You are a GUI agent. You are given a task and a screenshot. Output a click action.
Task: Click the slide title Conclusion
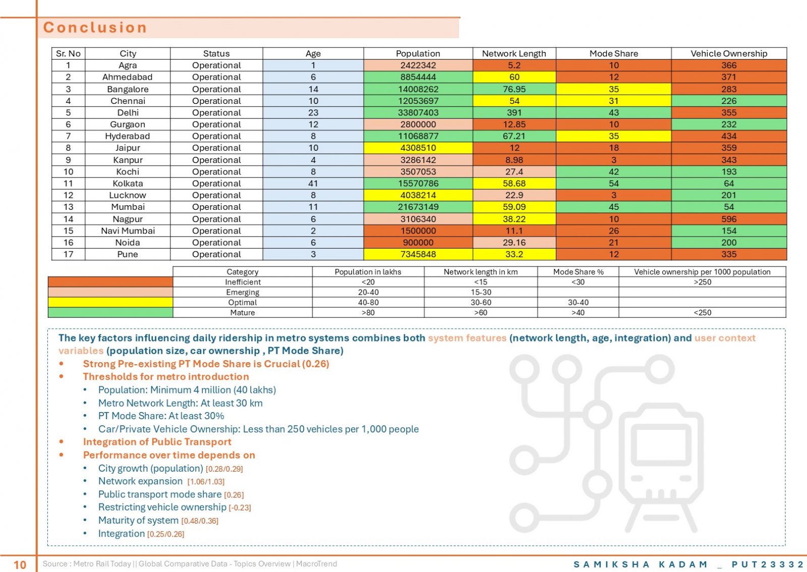click(95, 27)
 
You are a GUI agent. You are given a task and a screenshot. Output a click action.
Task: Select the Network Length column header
click(514, 53)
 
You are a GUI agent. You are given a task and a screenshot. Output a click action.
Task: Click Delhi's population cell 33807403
click(418, 112)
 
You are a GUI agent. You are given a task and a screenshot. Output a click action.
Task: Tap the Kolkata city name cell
click(128, 183)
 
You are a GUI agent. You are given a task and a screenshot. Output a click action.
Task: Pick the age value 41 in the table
click(313, 183)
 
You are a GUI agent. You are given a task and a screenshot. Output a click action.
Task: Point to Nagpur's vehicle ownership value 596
click(729, 219)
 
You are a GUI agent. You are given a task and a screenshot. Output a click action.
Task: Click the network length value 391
click(514, 112)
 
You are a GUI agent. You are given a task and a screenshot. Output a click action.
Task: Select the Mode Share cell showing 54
click(613, 183)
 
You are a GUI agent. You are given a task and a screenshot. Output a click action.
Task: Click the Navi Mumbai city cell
click(128, 231)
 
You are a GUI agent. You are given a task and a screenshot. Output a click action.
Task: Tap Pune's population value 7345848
click(418, 254)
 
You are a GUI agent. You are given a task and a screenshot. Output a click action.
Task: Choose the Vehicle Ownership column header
click(729, 53)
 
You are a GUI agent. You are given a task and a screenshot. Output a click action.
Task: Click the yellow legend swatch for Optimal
click(110, 302)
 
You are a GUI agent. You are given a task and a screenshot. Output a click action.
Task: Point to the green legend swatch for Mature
click(110, 312)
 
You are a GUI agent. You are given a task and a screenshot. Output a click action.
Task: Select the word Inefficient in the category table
click(243, 282)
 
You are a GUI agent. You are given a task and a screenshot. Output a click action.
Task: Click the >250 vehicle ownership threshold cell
click(702, 282)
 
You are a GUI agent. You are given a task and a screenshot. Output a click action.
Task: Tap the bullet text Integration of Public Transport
click(157, 441)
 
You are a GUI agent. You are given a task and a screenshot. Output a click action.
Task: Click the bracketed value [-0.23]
click(240, 507)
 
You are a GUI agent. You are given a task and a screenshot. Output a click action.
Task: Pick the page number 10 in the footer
click(20, 564)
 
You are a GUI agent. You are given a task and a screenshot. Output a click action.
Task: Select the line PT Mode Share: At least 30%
click(161, 416)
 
